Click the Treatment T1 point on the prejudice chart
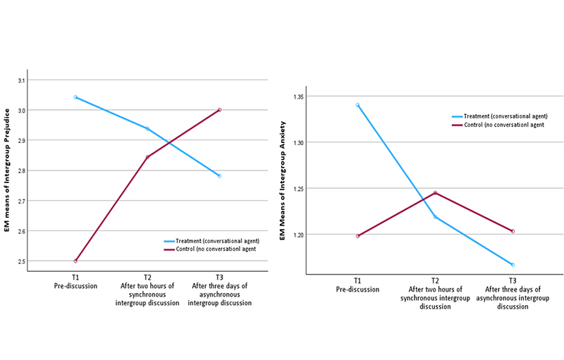(75, 97)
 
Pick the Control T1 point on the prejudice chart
(75, 261)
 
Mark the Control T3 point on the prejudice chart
(219, 110)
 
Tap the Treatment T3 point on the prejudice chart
(219, 175)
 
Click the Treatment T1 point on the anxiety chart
(358, 105)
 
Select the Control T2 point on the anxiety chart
(436, 192)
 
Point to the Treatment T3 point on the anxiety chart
(513, 265)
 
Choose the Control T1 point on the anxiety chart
(358, 236)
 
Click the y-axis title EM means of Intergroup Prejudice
(8, 169)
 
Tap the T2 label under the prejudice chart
(147, 278)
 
